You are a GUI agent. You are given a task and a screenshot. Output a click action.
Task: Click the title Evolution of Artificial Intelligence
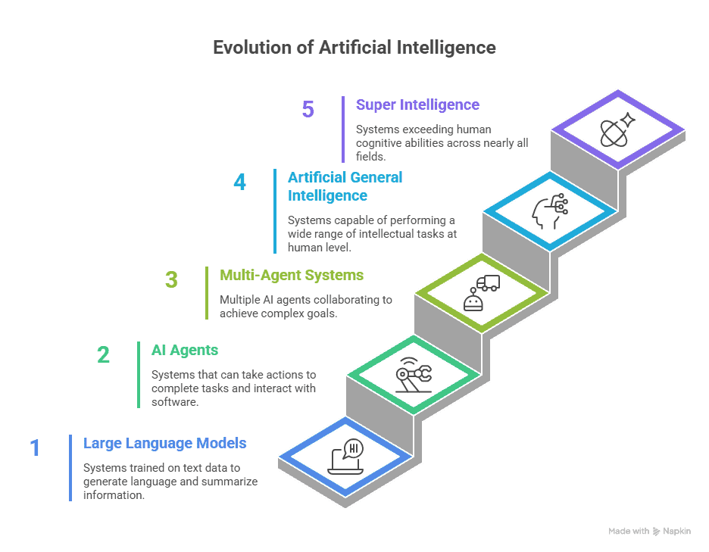[354, 48]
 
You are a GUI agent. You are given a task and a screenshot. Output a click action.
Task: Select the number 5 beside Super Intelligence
[308, 109]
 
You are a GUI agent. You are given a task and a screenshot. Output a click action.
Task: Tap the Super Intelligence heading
[417, 105]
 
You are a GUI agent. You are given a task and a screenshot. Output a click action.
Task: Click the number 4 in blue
[239, 182]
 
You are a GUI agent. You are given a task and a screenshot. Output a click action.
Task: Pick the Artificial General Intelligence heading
[345, 186]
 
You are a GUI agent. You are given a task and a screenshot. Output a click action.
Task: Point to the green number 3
[171, 279]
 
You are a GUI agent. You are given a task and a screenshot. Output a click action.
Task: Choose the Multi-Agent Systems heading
[292, 275]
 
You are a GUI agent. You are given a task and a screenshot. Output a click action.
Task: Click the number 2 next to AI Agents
[103, 354]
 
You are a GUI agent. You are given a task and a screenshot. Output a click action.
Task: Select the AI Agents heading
[185, 350]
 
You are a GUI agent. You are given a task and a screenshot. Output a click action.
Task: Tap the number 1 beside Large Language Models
[35, 448]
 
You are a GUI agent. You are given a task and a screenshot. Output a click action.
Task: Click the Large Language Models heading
[165, 443]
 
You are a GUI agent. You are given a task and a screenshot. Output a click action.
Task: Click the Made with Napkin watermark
[649, 532]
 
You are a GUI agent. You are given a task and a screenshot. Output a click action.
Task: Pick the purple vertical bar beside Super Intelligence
[343, 129]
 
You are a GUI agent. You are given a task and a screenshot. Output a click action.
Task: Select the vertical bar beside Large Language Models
[70, 467]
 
